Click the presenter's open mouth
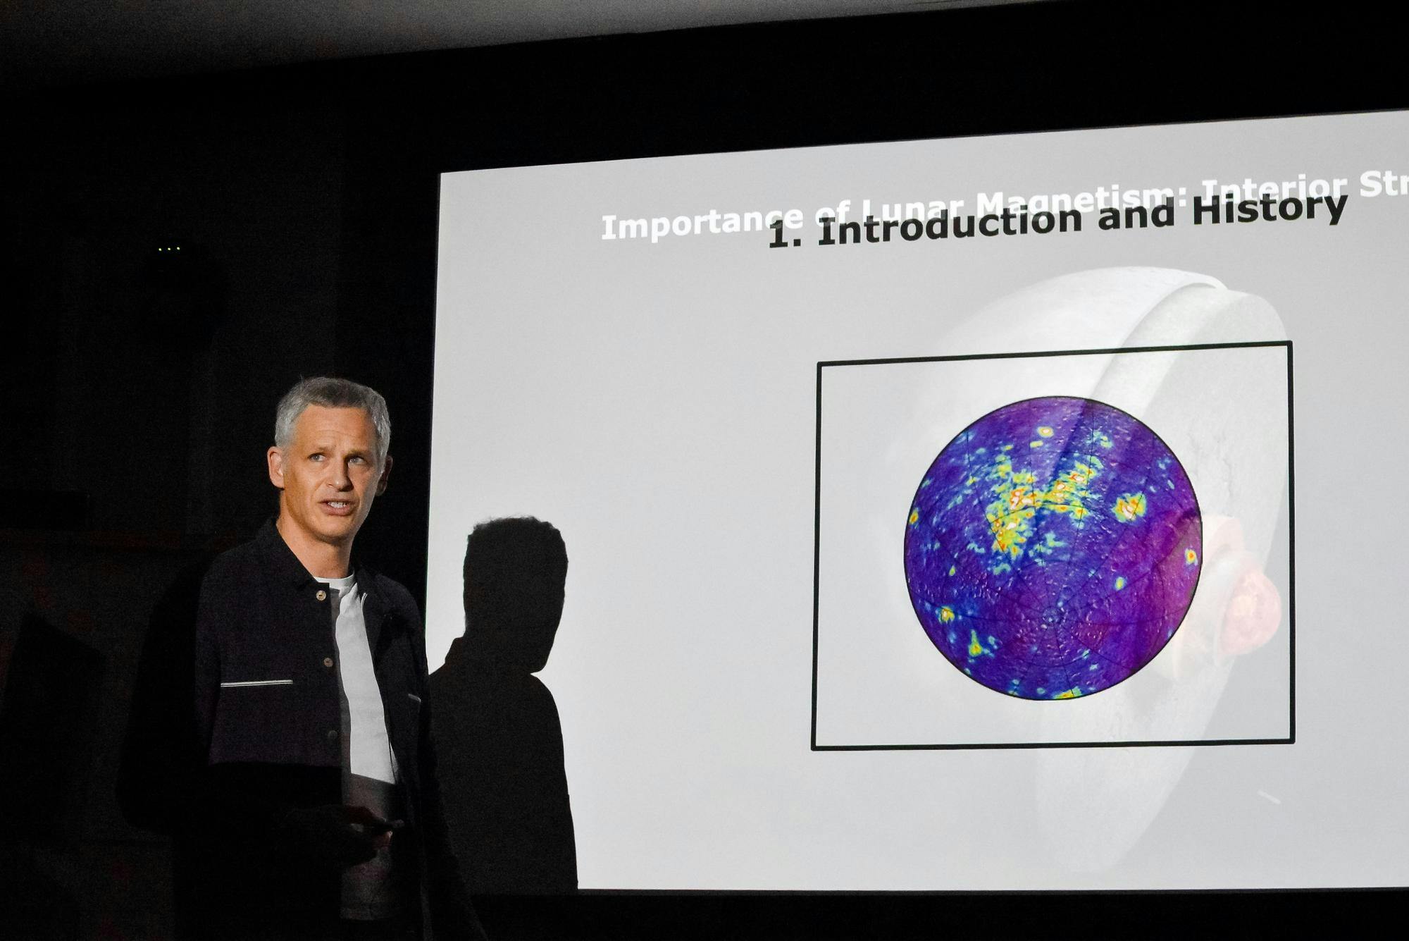[340, 506]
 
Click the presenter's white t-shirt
[359, 670]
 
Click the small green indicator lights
[169, 249]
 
